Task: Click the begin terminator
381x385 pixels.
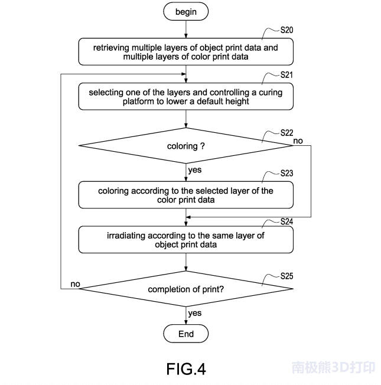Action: point(186,12)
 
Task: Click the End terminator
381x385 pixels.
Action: point(186,334)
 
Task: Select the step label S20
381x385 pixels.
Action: point(286,29)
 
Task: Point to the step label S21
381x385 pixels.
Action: point(286,75)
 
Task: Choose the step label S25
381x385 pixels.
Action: point(286,275)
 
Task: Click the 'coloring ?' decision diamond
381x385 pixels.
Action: point(186,145)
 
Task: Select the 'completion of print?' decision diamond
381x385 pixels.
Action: point(186,289)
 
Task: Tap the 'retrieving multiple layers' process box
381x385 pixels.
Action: point(186,52)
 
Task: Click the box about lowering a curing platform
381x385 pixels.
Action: point(186,97)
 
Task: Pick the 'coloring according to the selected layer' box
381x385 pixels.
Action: point(186,195)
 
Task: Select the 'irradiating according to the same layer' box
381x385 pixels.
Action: point(186,240)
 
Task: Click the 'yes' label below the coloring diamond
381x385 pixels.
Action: point(195,170)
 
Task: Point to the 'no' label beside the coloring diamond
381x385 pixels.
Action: point(298,141)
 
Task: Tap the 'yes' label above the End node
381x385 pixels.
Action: point(195,314)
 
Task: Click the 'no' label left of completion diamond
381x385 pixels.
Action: point(75,285)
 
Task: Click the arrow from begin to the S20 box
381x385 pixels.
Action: point(186,30)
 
